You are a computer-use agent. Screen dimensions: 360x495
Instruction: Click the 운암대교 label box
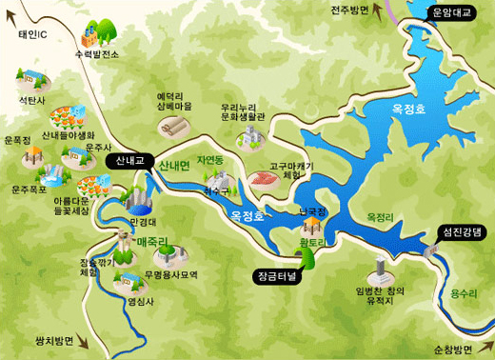[x=451, y=12]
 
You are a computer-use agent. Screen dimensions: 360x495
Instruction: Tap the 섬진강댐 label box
[x=462, y=231]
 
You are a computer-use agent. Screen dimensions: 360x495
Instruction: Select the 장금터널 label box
[x=277, y=276]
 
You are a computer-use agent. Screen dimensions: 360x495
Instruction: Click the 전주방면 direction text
[x=349, y=10]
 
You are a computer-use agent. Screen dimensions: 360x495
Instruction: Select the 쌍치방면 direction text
[x=53, y=340]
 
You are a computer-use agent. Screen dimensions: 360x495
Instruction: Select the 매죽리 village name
[x=152, y=243]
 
